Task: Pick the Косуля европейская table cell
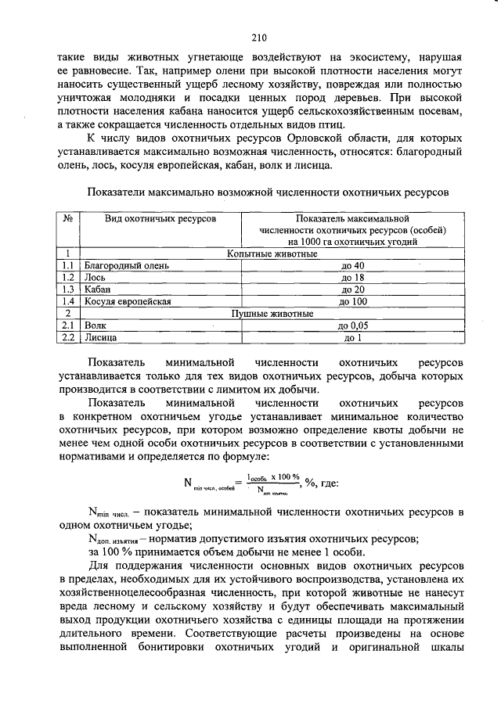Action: tap(127, 301)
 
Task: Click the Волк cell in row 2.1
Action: tap(96, 325)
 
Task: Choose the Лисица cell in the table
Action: tap(101, 338)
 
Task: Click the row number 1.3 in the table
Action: tap(68, 289)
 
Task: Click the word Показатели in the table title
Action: tap(116, 192)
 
